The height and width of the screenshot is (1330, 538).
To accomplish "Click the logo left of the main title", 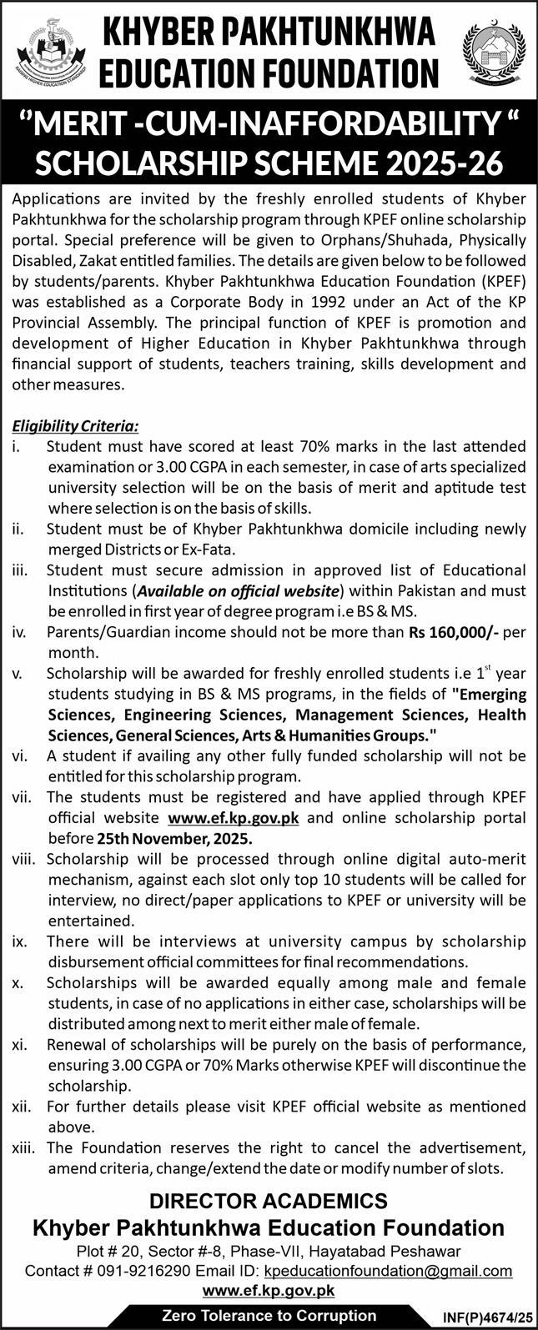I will click(x=47, y=51).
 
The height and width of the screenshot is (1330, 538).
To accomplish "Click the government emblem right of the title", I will click(x=493, y=51).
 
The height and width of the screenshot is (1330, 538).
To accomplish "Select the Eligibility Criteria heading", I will click(x=75, y=426).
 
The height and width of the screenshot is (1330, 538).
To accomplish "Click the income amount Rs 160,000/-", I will click(x=454, y=632).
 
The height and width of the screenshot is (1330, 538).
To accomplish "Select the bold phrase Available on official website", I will click(x=238, y=591).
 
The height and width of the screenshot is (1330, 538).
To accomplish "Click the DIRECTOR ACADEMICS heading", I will click(x=269, y=1201).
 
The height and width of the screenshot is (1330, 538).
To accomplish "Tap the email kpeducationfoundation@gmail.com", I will click(x=388, y=1271).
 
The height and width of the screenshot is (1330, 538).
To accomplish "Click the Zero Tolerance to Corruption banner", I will click(x=269, y=1315).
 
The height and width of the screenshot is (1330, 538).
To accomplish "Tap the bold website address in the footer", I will click(x=269, y=1290).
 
